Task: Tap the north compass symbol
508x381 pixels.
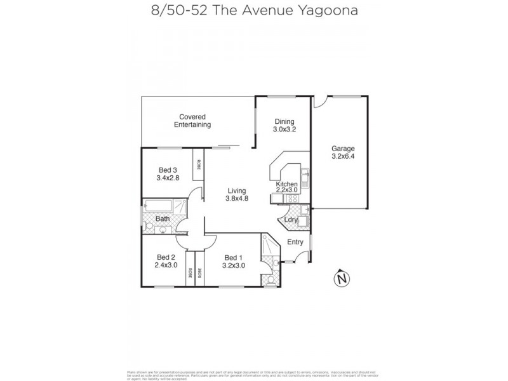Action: click(x=343, y=278)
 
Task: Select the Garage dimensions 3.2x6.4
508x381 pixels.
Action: click(x=342, y=157)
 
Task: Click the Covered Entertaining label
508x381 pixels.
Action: click(x=192, y=121)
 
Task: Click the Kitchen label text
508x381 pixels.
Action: click(x=287, y=184)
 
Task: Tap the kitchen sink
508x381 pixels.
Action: click(x=305, y=174)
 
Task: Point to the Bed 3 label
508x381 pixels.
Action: click(x=168, y=170)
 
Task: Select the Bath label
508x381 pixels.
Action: click(x=163, y=219)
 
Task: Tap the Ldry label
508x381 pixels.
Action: click(x=291, y=220)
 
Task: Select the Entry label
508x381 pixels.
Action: click(x=295, y=242)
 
